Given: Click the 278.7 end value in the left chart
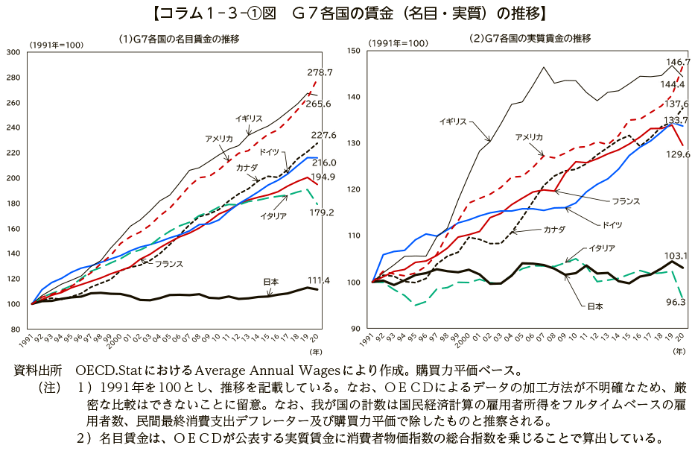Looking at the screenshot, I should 320,73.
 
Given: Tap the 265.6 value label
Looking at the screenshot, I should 319,104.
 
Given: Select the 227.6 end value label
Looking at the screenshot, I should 324,135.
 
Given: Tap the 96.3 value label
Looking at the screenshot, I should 676,302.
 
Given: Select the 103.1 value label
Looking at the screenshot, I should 675,255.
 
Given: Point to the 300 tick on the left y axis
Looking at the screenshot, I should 13,51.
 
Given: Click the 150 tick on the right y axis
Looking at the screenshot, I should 354,51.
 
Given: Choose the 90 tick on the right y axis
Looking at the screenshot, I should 357,329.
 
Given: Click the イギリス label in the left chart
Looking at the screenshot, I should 250,119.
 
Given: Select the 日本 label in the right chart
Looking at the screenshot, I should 594,306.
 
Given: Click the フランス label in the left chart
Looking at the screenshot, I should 169,264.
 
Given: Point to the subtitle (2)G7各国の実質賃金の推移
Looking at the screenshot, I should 530,38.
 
